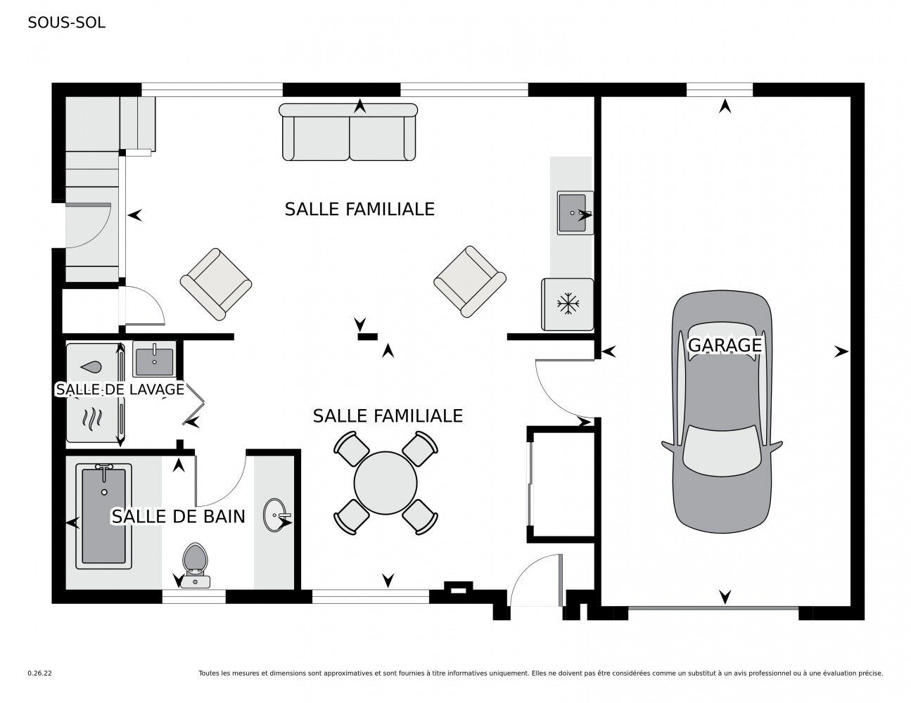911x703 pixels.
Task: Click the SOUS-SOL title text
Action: (x=67, y=22)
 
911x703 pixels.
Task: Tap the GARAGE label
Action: (x=725, y=345)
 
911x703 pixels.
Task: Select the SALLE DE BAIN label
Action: (x=178, y=517)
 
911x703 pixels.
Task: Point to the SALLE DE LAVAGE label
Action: (x=120, y=389)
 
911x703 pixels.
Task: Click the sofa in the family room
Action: (x=348, y=132)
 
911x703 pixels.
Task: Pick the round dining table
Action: (x=386, y=483)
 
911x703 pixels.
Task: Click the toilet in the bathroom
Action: (x=196, y=565)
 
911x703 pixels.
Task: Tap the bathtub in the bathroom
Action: (x=103, y=516)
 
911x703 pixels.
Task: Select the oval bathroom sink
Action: (x=275, y=515)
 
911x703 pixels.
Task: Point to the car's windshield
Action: (x=722, y=451)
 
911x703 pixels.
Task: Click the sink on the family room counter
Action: (x=575, y=212)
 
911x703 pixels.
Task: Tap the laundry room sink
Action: (x=154, y=359)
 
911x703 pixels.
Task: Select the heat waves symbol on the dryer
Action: (x=92, y=420)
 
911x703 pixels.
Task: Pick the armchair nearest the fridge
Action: (x=470, y=281)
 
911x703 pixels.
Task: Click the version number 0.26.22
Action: (x=40, y=673)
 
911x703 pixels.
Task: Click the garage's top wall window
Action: (x=720, y=90)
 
